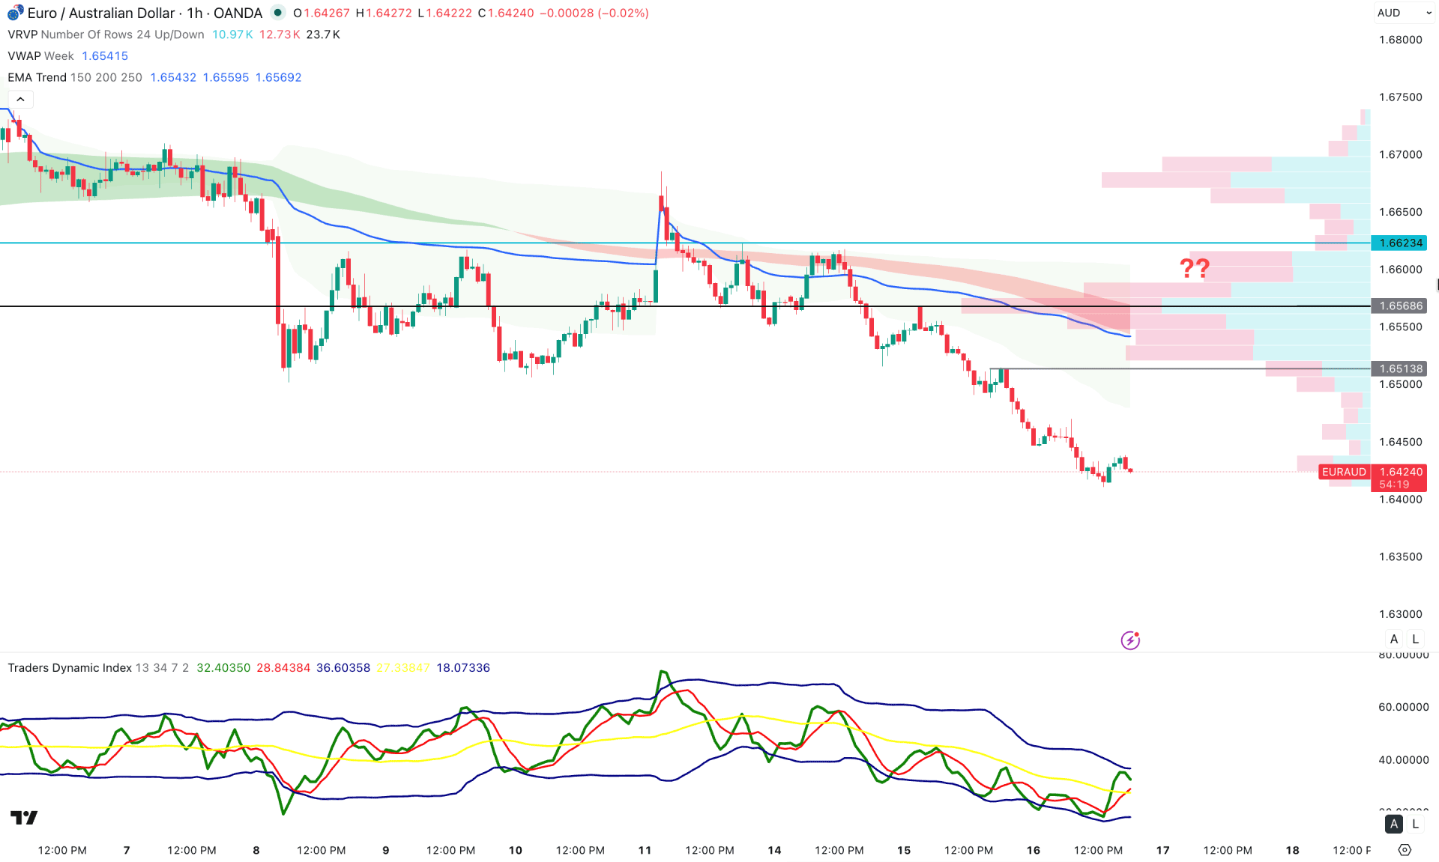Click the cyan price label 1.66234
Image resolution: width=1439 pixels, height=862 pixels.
tap(1399, 243)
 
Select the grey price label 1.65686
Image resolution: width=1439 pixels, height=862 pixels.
tap(1399, 306)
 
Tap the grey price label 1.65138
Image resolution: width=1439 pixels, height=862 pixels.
tap(1399, 368)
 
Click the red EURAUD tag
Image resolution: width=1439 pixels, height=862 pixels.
tap(1344, 472)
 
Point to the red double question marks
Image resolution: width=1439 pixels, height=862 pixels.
tap(1194, 267)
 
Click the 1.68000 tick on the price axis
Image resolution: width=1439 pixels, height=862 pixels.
tap(1400, 40)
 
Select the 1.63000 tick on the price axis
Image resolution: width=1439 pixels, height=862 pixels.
tap(1400, 614)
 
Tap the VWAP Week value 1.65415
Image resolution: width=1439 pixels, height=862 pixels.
tap(105, 56)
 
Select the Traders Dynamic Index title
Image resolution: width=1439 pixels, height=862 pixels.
tap(70, 668)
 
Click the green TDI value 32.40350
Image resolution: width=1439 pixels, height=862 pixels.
tap(223, 668)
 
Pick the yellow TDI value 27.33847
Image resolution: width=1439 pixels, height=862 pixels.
tap(403, 668)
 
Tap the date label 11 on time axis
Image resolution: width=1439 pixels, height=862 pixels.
tap(645, 850)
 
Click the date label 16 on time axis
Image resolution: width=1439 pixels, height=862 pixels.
tap(1033, 850)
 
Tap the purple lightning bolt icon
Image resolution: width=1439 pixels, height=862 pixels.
tap(1130, 640)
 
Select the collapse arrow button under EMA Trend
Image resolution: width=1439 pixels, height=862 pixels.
tap(20, 99)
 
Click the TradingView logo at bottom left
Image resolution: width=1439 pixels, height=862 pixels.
tap(24, 817)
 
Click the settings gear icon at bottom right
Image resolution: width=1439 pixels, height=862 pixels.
tap(1405, 850)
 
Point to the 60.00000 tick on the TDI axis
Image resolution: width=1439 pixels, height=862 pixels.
tap(1403, 707)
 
